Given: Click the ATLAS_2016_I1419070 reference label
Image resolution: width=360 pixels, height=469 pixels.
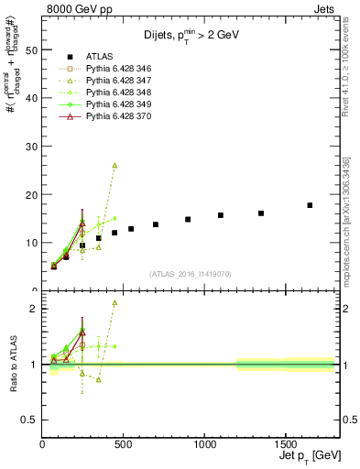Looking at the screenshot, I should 189,273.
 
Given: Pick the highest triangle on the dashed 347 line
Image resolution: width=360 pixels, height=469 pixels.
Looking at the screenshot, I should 115,166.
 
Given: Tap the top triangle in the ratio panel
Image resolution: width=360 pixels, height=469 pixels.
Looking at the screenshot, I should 115,302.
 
